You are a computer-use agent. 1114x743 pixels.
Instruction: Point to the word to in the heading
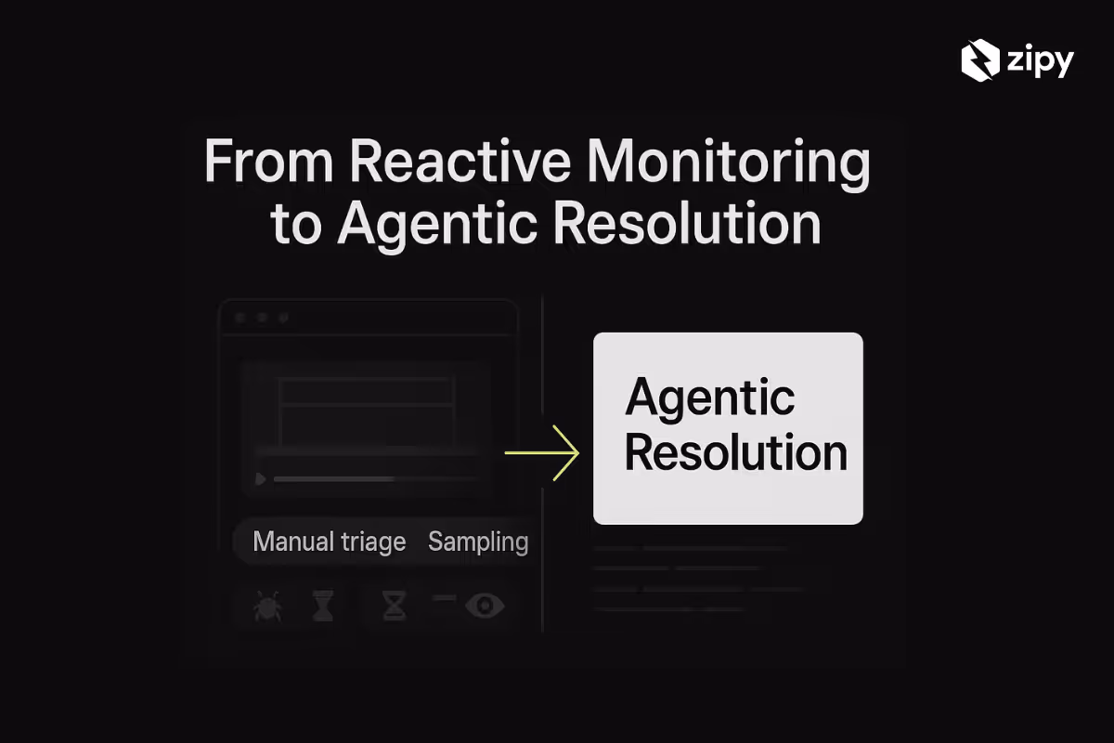(295, 225)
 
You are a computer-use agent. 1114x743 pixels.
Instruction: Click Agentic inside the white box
(710, 398)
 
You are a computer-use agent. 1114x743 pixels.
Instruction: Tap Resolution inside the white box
(735, 454)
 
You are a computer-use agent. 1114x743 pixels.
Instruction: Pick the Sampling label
(478, 541)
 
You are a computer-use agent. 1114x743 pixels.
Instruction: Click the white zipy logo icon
(979, 62)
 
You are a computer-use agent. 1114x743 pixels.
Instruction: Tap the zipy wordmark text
(1039, 63)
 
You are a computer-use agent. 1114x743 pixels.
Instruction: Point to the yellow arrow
(542, 453)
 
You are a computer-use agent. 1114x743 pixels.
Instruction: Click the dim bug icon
(267, 606)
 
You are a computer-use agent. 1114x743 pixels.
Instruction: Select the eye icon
(485, 606)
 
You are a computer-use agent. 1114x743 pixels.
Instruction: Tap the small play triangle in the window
(261, 479)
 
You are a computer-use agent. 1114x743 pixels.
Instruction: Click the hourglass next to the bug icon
(322, 606)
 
